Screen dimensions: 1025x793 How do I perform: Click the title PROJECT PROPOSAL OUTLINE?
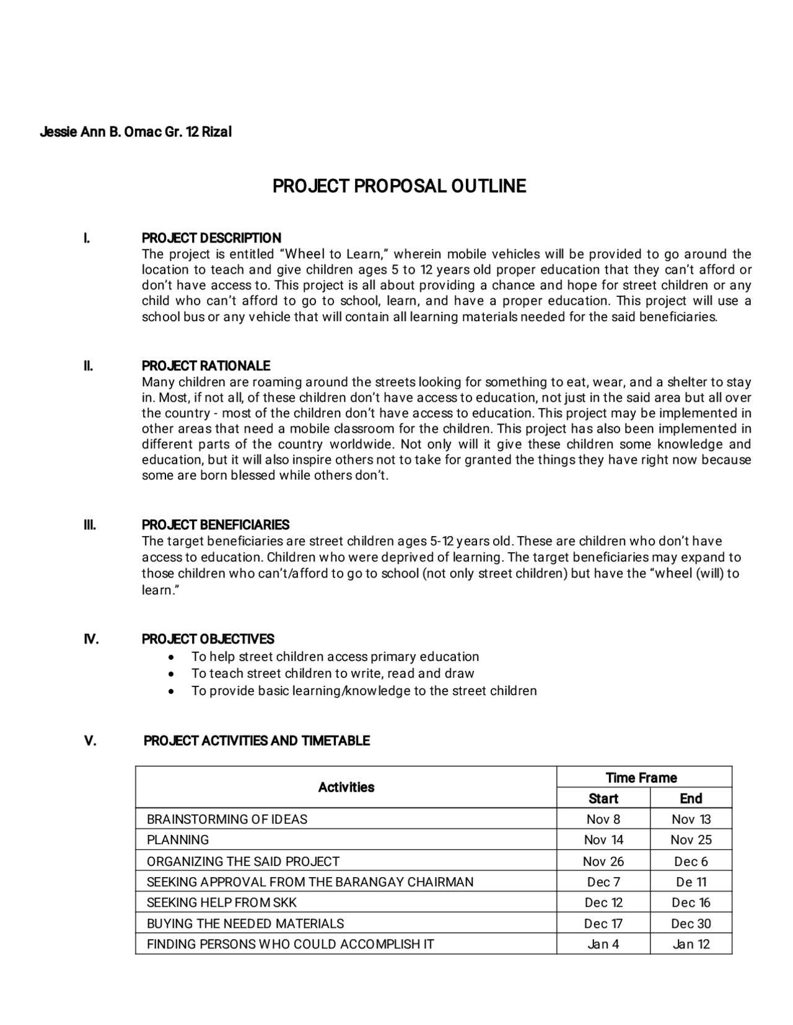399,186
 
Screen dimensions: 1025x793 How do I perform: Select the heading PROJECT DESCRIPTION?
211,238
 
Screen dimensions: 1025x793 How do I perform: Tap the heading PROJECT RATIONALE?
206,366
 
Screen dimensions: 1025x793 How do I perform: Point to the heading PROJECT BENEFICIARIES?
215,525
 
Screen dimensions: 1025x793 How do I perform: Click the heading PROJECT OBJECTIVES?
208,639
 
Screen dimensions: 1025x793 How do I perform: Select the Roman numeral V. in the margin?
90,741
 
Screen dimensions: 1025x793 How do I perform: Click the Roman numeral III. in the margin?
90,525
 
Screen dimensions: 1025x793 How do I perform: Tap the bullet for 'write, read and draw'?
172,673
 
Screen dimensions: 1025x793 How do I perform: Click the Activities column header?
346,787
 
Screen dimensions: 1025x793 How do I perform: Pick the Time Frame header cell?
641,777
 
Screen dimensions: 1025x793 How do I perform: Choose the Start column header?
603,798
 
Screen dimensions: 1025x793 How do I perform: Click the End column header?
691,798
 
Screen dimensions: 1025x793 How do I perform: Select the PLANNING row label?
178,840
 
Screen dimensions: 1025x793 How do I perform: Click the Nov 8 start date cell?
603,820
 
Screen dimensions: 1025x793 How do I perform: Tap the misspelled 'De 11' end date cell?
691,882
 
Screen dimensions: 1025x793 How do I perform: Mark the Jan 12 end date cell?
691,944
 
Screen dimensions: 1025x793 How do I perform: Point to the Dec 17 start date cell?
603,923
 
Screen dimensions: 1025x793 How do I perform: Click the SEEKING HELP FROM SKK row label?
221,902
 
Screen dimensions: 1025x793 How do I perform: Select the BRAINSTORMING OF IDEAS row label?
227,820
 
